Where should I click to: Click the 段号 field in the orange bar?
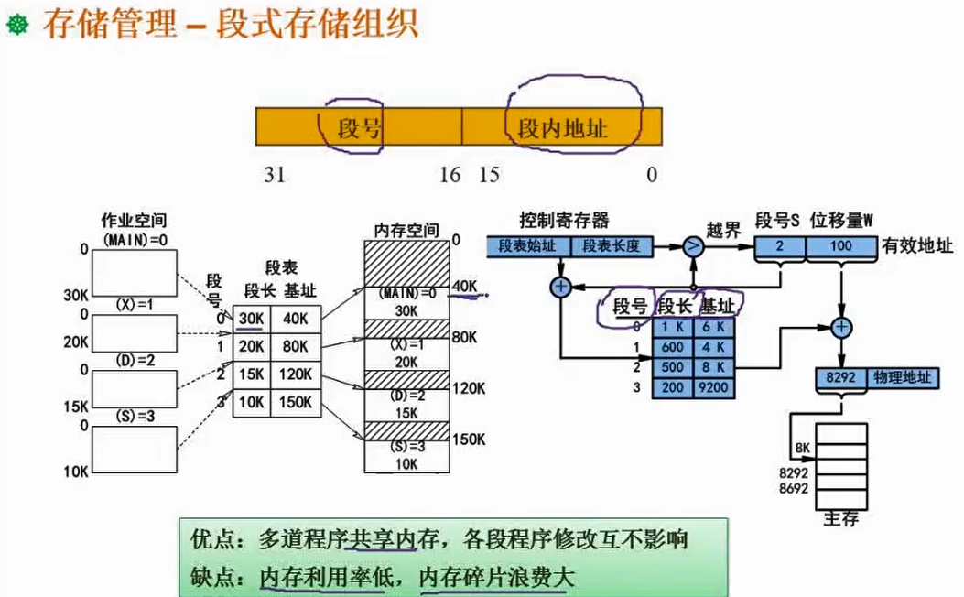(359, 128)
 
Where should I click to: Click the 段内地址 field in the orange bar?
(562, 128)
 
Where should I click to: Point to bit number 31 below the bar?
(276, 175)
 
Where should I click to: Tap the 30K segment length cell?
(249, 318)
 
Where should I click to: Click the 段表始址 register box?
(528, 245)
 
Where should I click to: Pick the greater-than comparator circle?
(694, 245)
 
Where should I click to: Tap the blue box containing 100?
(840, 246)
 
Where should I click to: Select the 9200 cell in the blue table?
(714, 387)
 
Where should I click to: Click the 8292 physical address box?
(839, 377)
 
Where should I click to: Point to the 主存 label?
(840, 519)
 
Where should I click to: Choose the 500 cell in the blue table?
(671, 367)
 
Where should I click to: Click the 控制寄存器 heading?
(564, 220)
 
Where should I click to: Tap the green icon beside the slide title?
(16, 25)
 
